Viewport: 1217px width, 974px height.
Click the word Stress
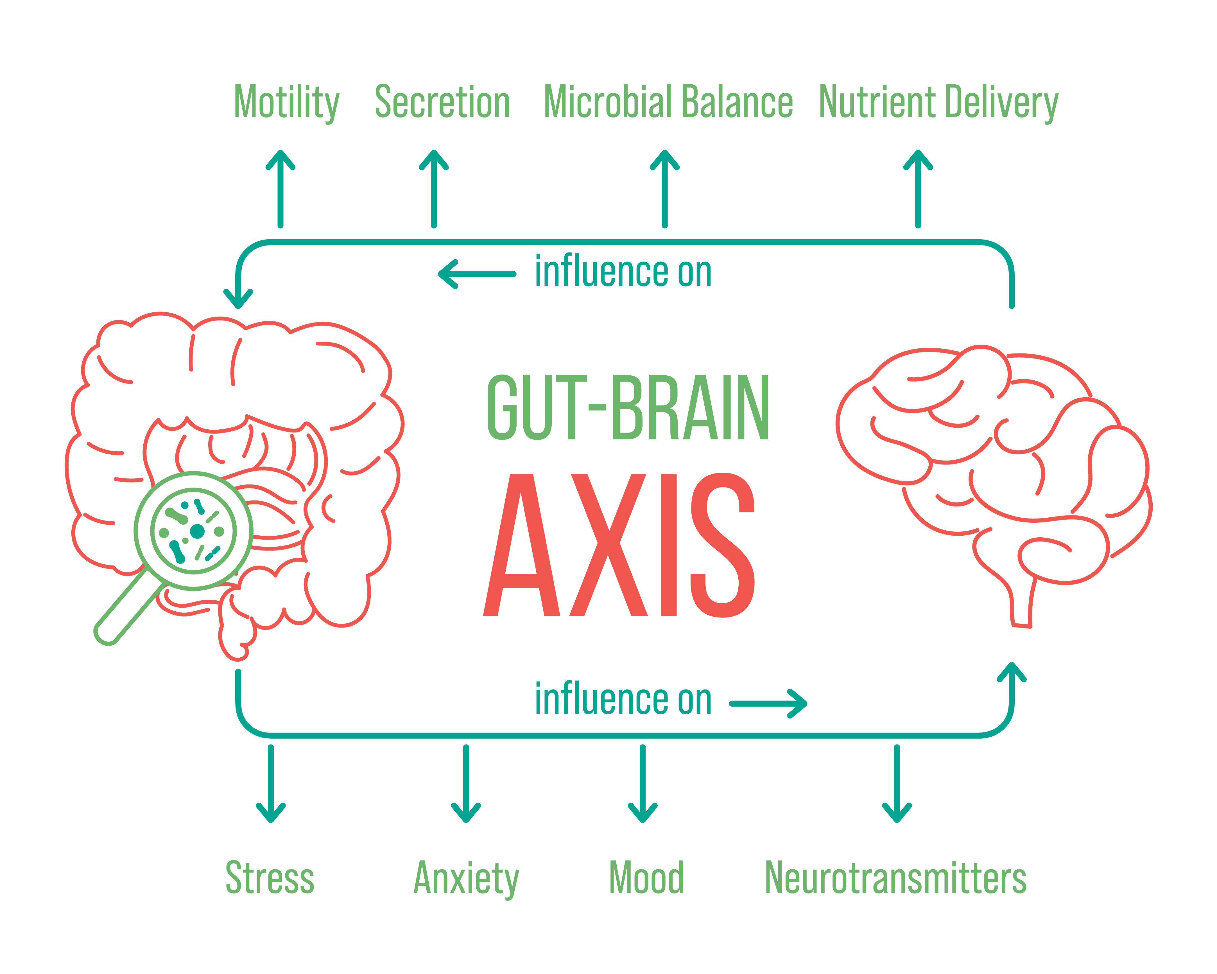(270, 878)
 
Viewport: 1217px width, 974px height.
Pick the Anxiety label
(466, 879)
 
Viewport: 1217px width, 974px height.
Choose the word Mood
(646, 878)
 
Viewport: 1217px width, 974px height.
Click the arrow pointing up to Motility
(281, 189)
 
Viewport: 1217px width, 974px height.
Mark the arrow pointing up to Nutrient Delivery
(919, 189)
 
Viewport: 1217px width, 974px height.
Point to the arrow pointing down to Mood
(643, 784)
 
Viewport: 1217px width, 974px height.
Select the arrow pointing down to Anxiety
(466, 784)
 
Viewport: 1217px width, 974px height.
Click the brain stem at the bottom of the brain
(1022, 607)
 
